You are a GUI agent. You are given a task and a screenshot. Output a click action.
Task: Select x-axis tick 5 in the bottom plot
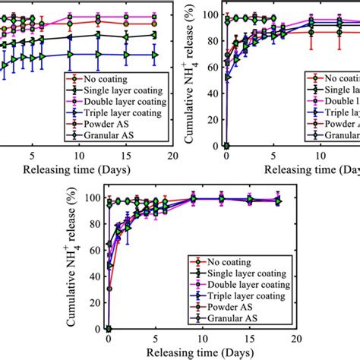click(156, 339)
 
